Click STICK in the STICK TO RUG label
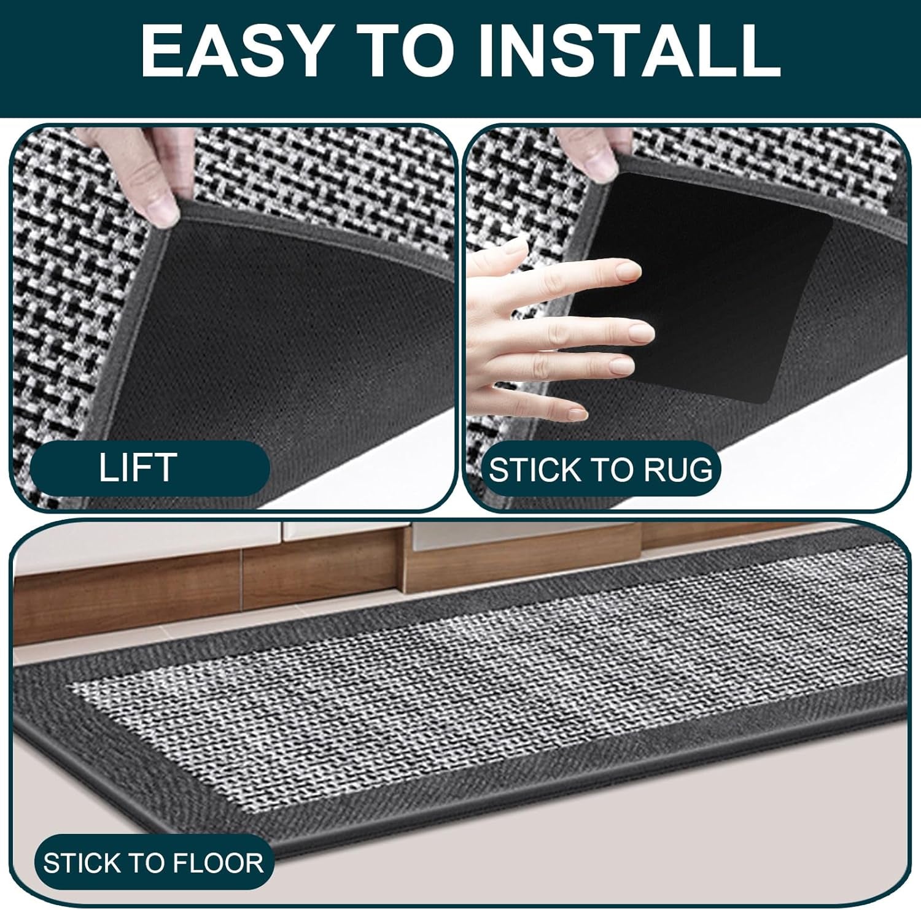(534, 469)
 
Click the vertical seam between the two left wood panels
(242, 568)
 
